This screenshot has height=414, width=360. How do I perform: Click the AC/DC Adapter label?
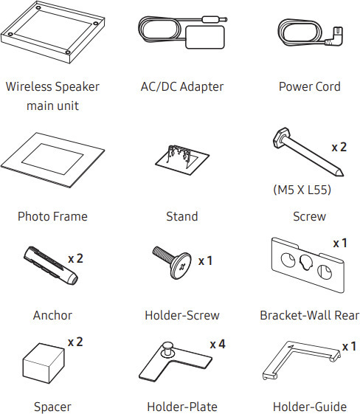pos(182,86)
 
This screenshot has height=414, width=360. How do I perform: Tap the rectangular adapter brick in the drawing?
pos(205,37)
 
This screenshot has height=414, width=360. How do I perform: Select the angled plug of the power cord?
pos(334,37)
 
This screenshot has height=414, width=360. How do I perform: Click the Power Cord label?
pos(310,86)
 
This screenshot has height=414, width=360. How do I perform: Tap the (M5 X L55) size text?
pos(302,190)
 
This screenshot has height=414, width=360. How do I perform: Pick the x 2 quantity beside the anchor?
pos(75,258)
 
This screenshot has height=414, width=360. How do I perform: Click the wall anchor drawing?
pos(51,265)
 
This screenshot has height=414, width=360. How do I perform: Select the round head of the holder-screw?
pos(181,266)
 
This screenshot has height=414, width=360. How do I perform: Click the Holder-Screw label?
pos(182,315)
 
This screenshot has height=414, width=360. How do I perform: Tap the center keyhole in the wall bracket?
pos(306,263)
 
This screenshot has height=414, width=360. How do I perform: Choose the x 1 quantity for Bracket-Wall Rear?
pos(340,244)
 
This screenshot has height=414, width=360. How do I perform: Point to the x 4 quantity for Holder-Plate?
pos(218,345)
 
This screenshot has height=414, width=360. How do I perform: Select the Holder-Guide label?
pos(310,407)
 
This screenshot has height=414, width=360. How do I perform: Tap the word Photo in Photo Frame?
pos(33,216)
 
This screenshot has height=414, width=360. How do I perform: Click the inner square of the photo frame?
pos(52,159)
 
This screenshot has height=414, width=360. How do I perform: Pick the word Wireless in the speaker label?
pos(29,86)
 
